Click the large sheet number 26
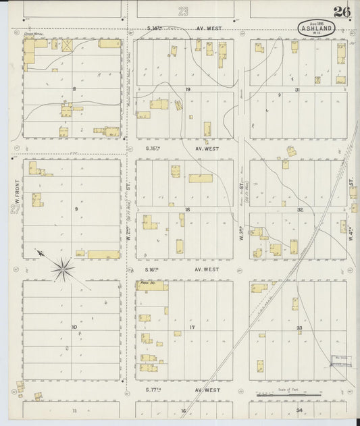(x=341, y=11)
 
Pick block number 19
(x=188, y=88)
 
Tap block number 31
(x=297, y=88)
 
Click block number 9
(x=76, y=209)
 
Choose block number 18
(x=187, y=210)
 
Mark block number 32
(x=299, y=210)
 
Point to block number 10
(x=74, y=327)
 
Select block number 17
(x=192, y=327)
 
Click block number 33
(x=299, y=327)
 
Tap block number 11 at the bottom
(x=75, y=410)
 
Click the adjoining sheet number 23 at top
(x=184, y=11)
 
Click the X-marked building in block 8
(x=67, y=45)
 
